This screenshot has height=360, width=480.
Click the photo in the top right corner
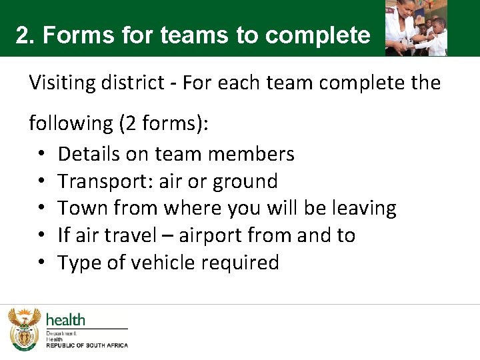click(x=416, y=27)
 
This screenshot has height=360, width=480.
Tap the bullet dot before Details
click(x=41, y=155)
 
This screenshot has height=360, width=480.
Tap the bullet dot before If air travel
click(x=41, y=236)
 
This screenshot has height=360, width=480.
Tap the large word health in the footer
click(x=65, y=320)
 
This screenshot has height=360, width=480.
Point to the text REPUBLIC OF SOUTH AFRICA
click(x=87, y=345)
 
